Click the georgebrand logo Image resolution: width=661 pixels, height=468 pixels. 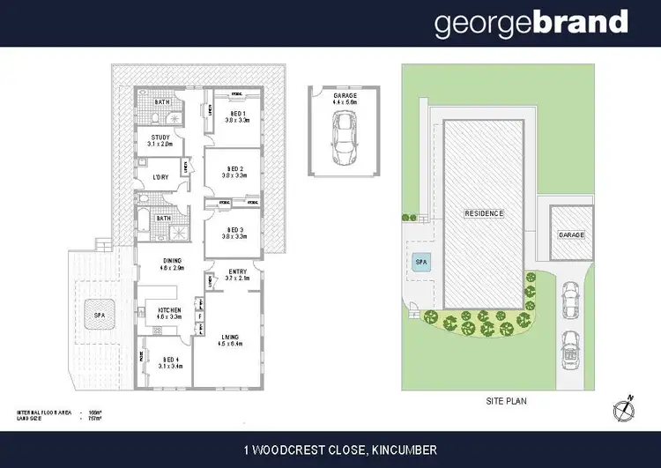531,23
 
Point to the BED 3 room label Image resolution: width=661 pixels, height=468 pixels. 234,232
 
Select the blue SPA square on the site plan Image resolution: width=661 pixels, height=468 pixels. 418,261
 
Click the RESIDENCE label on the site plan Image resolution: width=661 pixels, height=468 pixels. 484,213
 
